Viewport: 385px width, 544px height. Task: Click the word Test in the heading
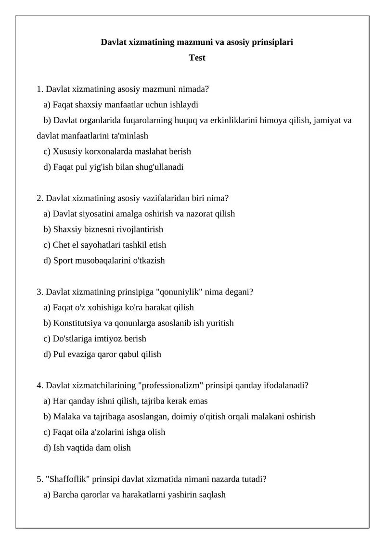point(197,58)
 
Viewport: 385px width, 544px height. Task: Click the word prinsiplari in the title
point(269,42)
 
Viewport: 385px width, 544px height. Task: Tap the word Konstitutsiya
point(78,323)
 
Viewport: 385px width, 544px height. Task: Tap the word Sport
point(62,261)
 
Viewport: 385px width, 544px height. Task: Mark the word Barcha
point(65,494)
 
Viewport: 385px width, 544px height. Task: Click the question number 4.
point(40,385)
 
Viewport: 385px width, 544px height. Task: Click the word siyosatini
point(96,214)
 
